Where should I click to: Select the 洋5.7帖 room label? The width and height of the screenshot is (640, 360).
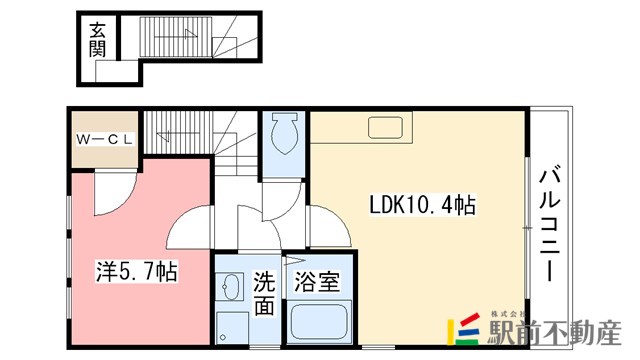136,270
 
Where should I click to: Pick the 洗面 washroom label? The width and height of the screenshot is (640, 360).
263,292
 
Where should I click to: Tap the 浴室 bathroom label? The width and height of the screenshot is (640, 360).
316,282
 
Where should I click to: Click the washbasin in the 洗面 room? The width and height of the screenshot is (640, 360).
232,290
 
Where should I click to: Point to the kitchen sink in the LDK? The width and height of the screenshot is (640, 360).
385,127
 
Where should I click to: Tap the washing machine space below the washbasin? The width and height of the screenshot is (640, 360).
232,326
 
